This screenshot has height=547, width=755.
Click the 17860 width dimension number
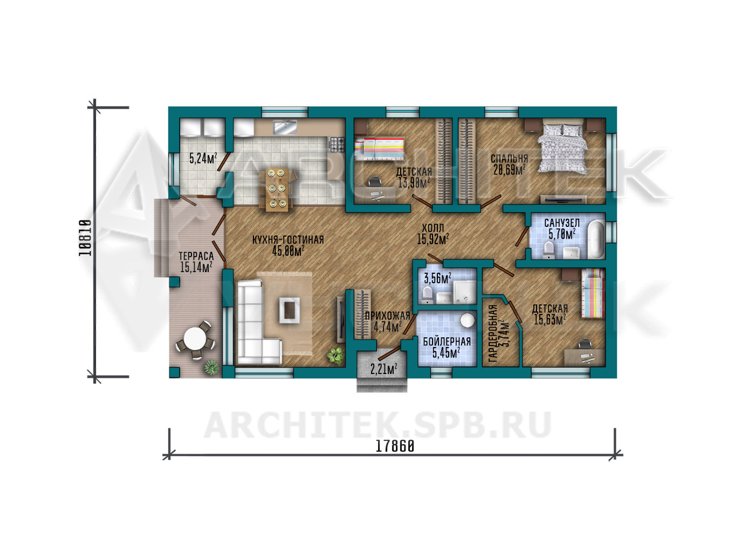tap(395, 447)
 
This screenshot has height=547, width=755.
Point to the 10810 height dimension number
tap(85, 238)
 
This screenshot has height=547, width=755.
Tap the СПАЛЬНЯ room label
tap(509, 158)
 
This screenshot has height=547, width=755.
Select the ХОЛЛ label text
tap(433, 228)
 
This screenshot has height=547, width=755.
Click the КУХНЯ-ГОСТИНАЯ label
tap(288, 240)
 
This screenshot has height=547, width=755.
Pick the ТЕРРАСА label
tap(196, 256)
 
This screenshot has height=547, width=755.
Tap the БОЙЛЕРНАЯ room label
tap(447, 342)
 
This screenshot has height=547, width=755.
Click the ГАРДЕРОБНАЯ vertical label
tap(493, 334)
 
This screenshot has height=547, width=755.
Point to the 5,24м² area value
tap(203, 158)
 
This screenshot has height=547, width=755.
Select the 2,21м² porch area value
tap(383, 369)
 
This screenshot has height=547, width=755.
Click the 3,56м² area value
tap(437, 278)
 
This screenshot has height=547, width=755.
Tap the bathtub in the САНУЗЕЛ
tap(596, 239)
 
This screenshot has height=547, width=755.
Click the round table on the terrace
tap(194, 339)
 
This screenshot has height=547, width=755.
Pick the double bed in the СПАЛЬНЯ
tap(563, 146)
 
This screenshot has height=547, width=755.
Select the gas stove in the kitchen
tap(337, 144)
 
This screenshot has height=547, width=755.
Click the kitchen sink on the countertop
tap(285, 128)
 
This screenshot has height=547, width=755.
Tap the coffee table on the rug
tap(289, 310)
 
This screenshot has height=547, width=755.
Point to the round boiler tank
tap(467, 320)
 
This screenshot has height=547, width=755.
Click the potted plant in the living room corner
tap(335, 356)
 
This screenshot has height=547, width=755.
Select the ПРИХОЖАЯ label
tap(388, 316)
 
